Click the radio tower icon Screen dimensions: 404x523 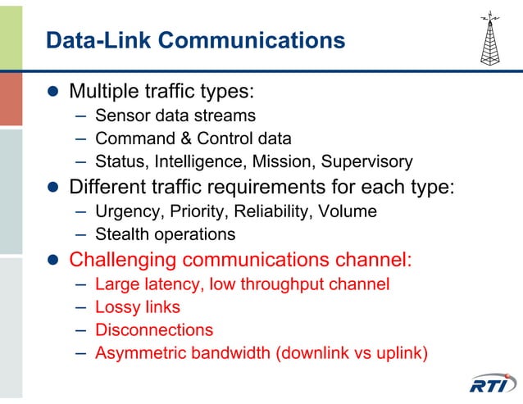[x=490, y=39]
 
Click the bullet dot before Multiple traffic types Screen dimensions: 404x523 [x=52, y=90]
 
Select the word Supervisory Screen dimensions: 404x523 [x=366, y=161]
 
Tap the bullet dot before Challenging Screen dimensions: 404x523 [x=52, y=261]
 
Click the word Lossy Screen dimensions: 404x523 [x=116, y=307]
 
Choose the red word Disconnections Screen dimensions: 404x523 [x=154, y=330]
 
